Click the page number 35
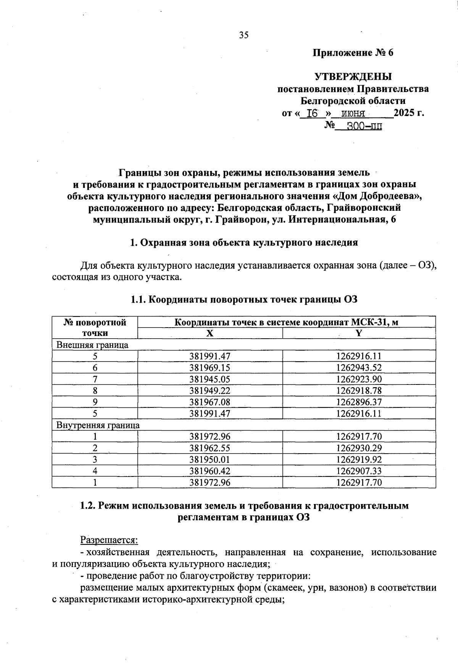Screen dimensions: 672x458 pyautogui.click(x=244, y=35)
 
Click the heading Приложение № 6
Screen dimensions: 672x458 pyautogui.click(x=353, y=53)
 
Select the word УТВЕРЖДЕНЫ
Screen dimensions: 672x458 pyautogui.click(x=353, y=77)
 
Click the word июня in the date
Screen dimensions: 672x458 pyautogui.click(x=353, y=114)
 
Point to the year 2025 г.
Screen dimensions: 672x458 pyautogui.click(x=409, y=113)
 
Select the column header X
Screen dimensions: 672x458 pyautogui.click(x=210, y=333)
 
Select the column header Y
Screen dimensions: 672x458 pyautogui.click(x=359, y=333)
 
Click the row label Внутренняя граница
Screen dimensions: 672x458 pyautogui.click(x=98, y=425)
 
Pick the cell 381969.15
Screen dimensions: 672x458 pyautogui.click(x=210, y=368)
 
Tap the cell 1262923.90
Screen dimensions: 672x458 pyautogui.click(x=359, y=379)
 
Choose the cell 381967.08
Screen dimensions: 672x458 pyautogui.click(x=210, y=402)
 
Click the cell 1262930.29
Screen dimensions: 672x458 pyautogui.click(x=359, y=448)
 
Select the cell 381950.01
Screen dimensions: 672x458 pyautogui.click(x=210, y=459)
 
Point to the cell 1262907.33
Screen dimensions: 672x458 pyautogui.click(x=359, y=471)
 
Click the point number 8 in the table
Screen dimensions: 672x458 pyautogui.click(x=95, y=391)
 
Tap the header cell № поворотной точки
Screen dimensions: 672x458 pyautogui.click(x=95, y=328)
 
